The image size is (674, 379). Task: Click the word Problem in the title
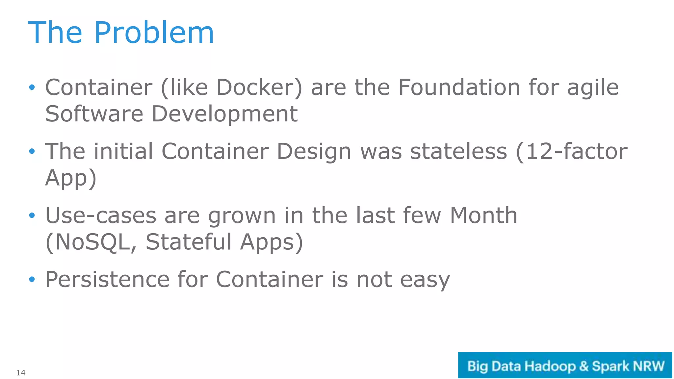click(154, 33)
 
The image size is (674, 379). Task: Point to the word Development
click(224, 114)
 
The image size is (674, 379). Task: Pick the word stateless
click(458, 152)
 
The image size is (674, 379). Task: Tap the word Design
click(314, 152)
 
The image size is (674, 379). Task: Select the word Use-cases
click(101, 215)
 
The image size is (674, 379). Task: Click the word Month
click(483, 215)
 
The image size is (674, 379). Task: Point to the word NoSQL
click(92, 242)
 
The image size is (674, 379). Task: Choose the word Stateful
click(189, 242)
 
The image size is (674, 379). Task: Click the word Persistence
click(107, 280)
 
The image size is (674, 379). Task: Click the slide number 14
click(21, 373)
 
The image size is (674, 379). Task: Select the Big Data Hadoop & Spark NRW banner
click(565, 366)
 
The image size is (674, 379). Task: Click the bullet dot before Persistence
click(32, 280)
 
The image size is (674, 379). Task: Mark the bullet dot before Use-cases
click(32, 216)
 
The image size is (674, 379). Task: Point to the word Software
click(94, 114)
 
